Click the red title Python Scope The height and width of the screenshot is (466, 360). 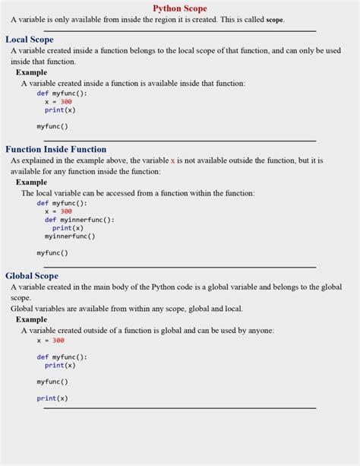point(180,8)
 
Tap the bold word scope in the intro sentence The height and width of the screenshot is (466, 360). point(275,21)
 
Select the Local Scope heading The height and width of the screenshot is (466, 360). point(30,39)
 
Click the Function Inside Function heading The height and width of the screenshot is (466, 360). point(56,149)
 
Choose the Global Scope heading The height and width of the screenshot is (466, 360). point(32,275)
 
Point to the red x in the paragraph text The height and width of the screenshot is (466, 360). point(172,161)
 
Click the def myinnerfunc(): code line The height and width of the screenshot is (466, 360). point(79,220)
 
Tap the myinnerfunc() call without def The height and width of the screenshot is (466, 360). point(70,236)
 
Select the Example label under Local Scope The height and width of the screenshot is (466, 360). point(31,72)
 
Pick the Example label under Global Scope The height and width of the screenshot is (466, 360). point(31,319)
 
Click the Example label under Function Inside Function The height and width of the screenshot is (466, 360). point(31,182)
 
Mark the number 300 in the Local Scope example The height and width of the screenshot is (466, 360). point(66,101)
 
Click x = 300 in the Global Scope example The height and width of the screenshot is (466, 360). point(50,341)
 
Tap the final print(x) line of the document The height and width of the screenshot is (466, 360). point(52,398)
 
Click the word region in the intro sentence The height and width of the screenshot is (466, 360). point(157,21)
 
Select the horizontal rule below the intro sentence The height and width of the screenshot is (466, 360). point(180,31)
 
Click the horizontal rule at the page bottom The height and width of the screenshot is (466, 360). point(180,408)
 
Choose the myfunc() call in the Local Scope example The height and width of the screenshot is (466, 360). point(52,126)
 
